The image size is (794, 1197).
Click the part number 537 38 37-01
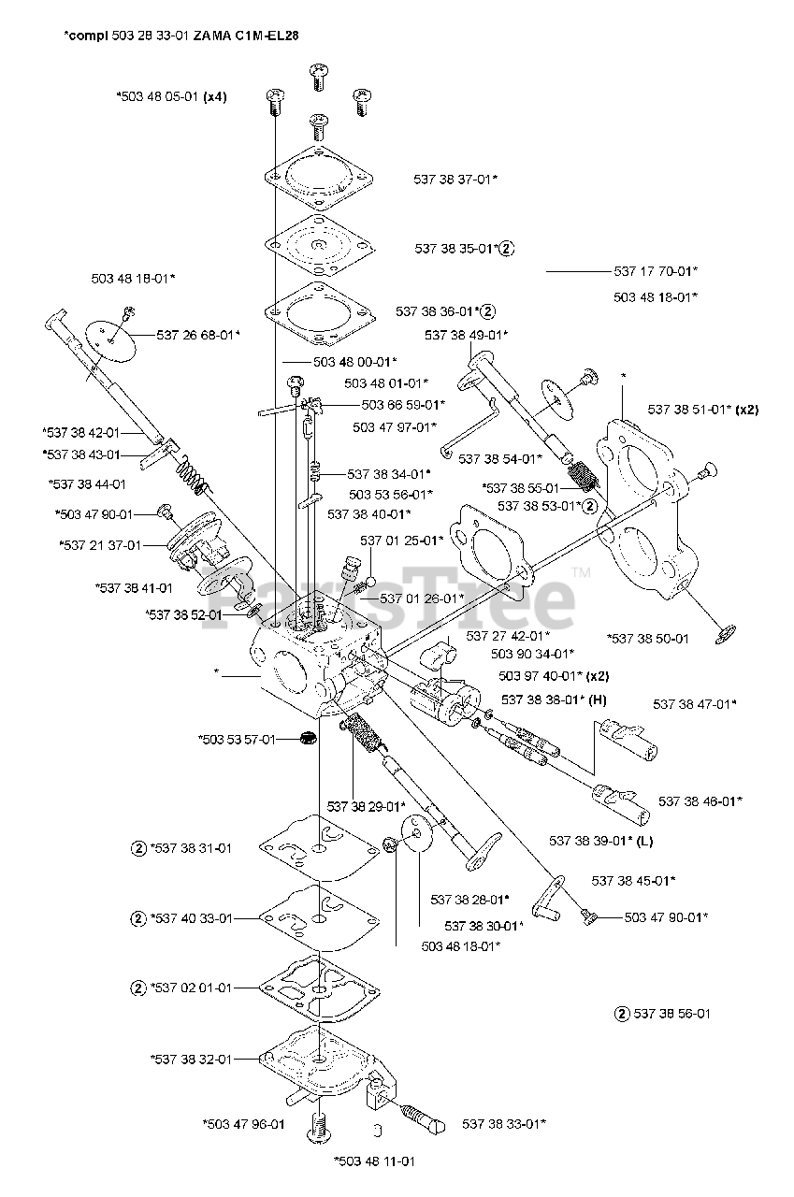tap(455, 179)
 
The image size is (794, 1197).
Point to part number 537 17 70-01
tap(656, 271)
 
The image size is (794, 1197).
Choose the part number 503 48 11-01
tap(373, 1161)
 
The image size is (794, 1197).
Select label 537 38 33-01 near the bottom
tap(504, 1123)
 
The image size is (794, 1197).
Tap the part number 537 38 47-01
tap(695, 703)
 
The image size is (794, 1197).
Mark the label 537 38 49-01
tap(466, 335)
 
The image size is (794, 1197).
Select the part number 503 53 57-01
tap(237, 739)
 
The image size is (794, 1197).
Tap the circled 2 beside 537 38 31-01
tap(138, 849)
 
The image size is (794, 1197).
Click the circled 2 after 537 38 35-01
tap(507, 249)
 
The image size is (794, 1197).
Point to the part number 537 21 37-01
tap(100, 545)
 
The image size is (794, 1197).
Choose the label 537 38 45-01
tap(633, 880)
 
